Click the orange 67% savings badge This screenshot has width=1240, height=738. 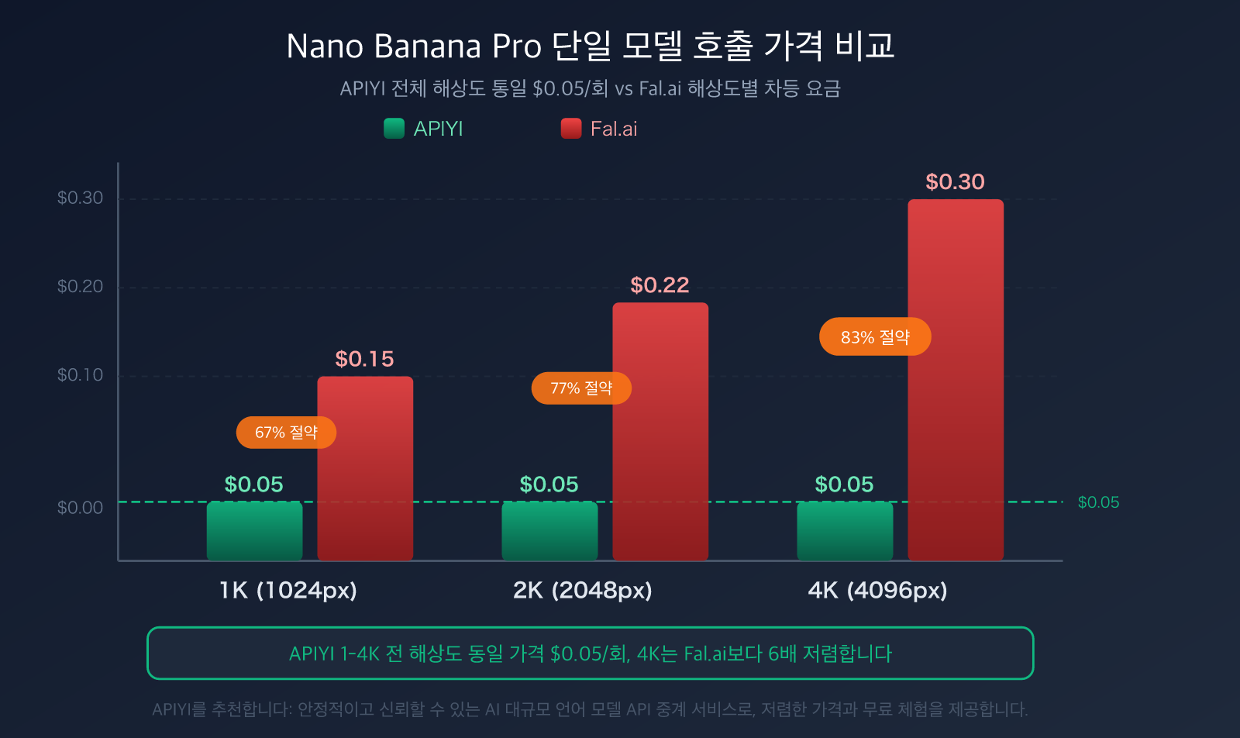click(286, 433)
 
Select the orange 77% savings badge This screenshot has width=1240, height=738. click(581, 388)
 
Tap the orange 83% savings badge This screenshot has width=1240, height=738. click(875, 337)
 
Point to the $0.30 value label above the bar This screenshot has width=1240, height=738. click(955, 182)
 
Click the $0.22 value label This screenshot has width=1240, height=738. click(660, 285)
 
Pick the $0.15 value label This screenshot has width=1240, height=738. click(364, 359)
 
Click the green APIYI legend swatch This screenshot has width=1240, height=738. click(394, 129)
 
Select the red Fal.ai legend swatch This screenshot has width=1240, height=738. click(571, 129)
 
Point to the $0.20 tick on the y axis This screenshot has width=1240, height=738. click(80, 287)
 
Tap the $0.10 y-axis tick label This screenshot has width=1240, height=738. click(80, 375)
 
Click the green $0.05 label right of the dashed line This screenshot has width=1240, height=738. click(1098, 502)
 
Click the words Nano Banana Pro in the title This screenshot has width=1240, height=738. click(414, 47)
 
